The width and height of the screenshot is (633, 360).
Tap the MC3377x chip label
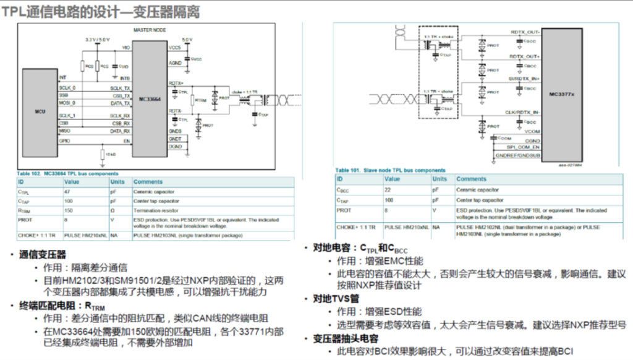point(562,95)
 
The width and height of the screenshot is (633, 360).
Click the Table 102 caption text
point(67,174)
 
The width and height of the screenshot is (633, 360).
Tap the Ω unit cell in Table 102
point(114,210)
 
